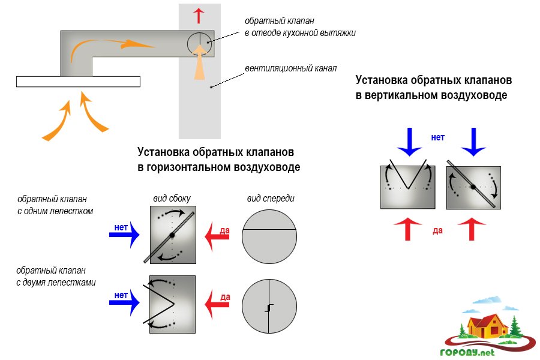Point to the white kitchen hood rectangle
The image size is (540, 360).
click(x=78, y=82)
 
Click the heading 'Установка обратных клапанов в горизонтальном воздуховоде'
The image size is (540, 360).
click(x=218, y=159)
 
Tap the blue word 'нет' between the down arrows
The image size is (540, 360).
click(x=438, y=137)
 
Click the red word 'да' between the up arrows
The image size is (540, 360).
click(x=437, y=230)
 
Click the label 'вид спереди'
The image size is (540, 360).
click(x=270, y=198)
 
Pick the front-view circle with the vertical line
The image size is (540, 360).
click(x=269, y=307)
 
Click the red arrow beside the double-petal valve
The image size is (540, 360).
click(x=218, y=303)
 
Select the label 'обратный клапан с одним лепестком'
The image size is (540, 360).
click(x=55, y=204)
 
